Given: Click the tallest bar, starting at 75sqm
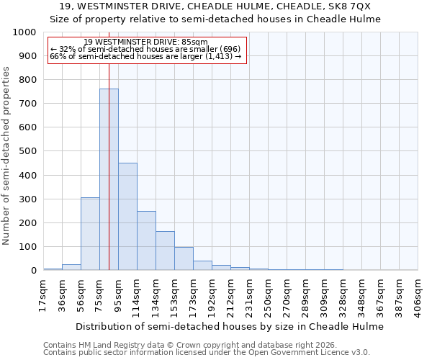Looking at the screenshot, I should pos(109,180).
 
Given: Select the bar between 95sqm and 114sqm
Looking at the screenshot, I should pos(127,217).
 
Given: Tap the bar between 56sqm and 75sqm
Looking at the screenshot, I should pos(90,234).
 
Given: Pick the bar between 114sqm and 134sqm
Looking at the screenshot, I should pos(146,240).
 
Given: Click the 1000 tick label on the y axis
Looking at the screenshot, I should pos(24,32).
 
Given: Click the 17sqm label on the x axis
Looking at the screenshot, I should pos(42,296).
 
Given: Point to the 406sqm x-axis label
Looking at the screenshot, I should pos(417,296).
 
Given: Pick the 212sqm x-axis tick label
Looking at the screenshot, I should pos(230,296).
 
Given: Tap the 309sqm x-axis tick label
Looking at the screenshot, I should pos(323,296).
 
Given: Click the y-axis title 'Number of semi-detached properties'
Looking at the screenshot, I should pos(7,156).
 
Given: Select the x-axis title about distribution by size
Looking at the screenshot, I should pos(230,326).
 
